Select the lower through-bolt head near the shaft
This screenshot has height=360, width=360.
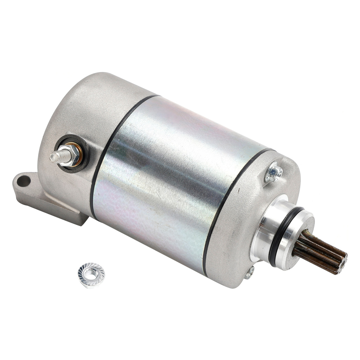pyautogui.click(x=249, y=273)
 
